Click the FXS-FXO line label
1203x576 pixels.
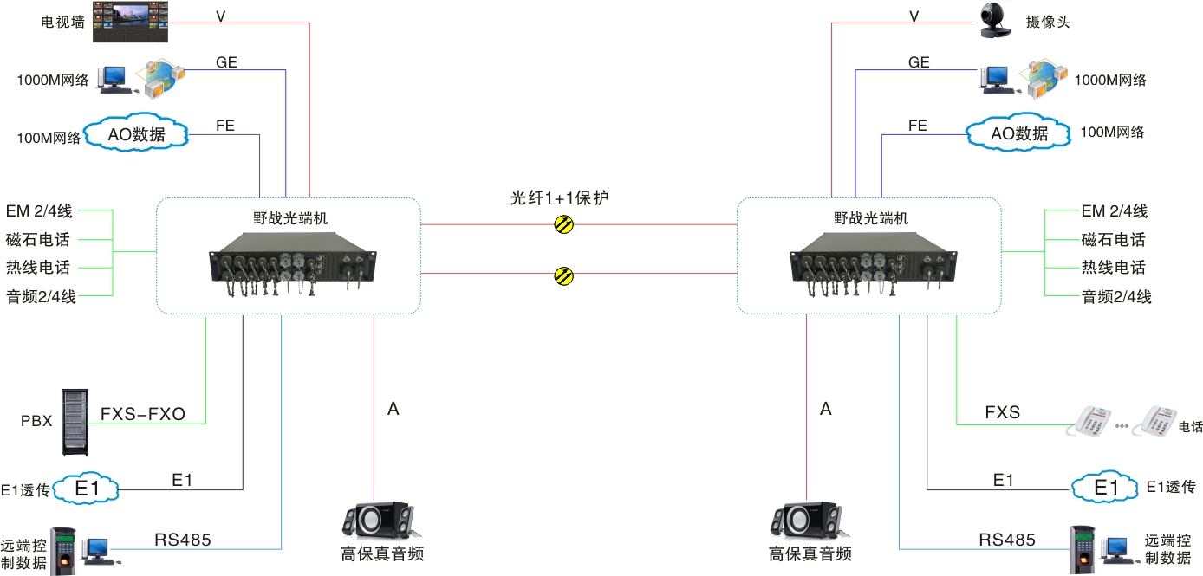[143, 414]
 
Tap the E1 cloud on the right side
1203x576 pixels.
[1106, 488]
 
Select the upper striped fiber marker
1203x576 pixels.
[564, 224]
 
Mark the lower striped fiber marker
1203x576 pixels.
[564, 276]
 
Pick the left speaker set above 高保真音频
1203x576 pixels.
[379, 521]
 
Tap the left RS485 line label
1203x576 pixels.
[182, 540]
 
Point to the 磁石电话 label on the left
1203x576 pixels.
[38, 240]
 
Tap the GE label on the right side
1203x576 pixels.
[919, 62]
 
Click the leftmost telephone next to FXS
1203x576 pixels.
[1093, 422]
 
